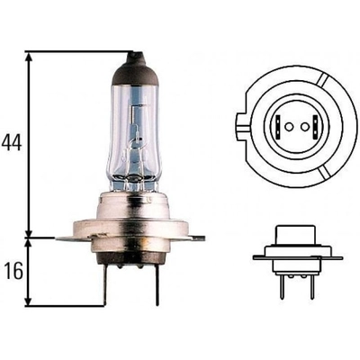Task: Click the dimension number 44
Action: tap(12, 143)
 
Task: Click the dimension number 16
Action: tap(11, 271)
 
